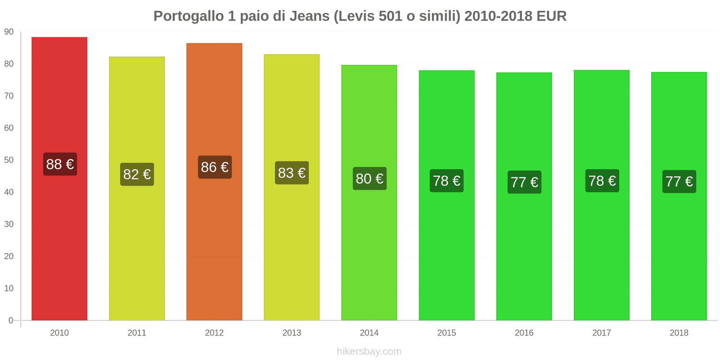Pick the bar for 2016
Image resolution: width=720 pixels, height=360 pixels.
tap(524, 252)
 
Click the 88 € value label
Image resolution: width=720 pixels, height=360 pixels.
tap(60, 164)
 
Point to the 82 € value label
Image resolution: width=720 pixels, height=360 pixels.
tap(137, 174)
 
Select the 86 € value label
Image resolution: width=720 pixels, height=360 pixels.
tap(215, 167)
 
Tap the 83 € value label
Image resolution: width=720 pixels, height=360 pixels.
tap(292, 173)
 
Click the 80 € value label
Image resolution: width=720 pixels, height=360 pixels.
tap(369, 179)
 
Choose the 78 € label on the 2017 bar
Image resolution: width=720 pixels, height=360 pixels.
tap(602, 181)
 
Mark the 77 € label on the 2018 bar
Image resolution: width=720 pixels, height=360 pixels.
tap(679, 181)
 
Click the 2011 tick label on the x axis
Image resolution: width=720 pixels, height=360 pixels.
tap(137, 333)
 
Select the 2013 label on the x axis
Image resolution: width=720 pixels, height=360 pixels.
tap(292, 333)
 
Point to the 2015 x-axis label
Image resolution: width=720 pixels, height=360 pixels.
tap(446, 333)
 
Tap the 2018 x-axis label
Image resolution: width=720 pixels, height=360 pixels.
tap(679, 333)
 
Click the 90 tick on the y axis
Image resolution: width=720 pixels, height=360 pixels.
tap(9, 32)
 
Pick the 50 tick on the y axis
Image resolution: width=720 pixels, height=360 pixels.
tap(9, 160)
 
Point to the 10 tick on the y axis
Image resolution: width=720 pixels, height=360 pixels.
tap(9, 288)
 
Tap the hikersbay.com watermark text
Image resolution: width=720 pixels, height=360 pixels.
tap(369, 351)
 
